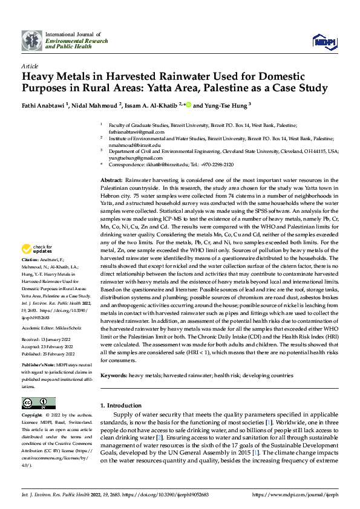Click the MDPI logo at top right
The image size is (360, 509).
click(x=324, y=41)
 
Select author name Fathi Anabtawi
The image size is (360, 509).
click(x=43, y=105)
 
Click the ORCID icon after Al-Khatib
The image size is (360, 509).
click(x=188, y=105)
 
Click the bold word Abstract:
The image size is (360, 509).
click(x=111, y=181)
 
